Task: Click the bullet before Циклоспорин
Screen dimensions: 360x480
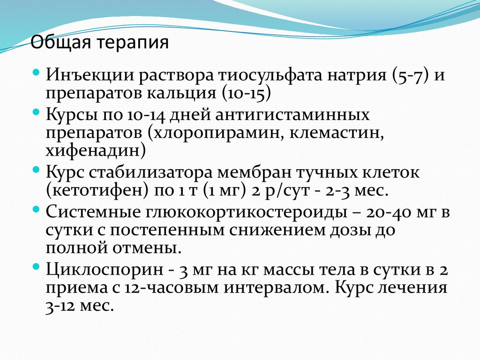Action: point(37,266)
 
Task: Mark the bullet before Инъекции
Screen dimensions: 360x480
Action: point(37,72)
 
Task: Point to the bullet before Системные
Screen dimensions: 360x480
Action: point(37,210)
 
